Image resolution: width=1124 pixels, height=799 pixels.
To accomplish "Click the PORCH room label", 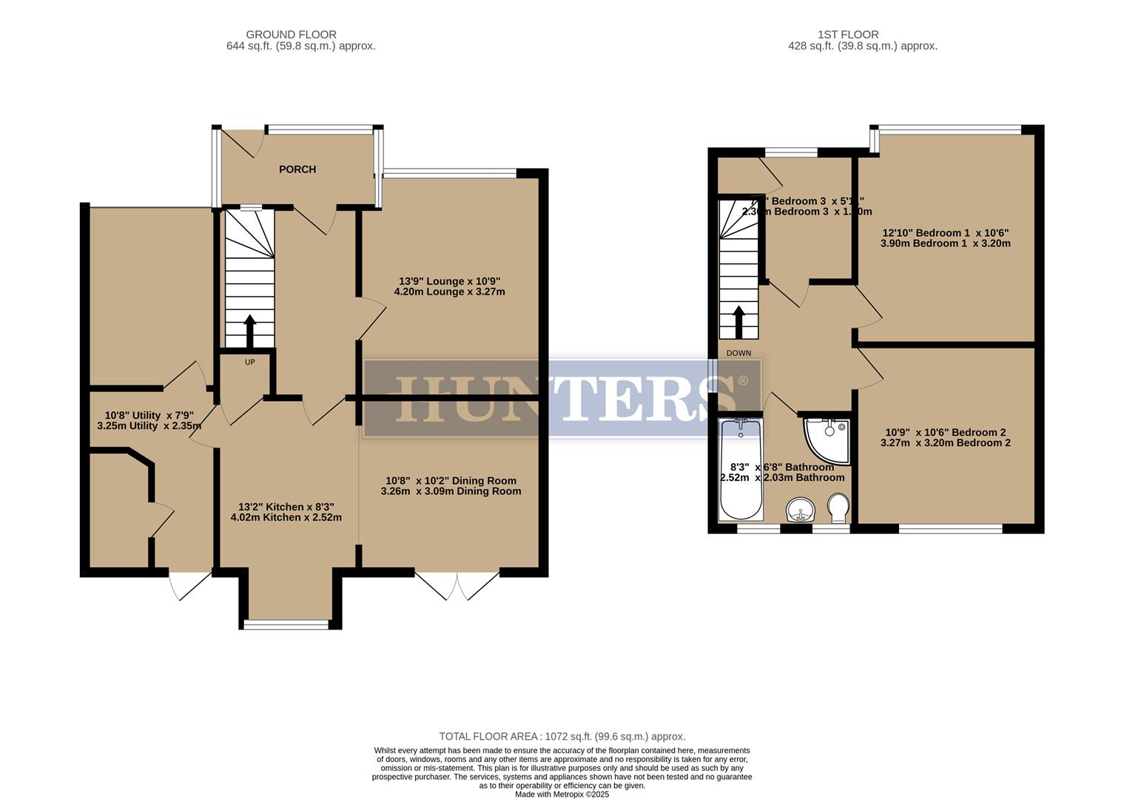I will (297, 169).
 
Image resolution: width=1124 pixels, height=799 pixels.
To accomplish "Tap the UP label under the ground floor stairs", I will (250, 363).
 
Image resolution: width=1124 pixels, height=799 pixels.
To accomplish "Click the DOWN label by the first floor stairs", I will (738, 353).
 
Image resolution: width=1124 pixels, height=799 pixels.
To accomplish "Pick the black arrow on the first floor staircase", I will (738, 321).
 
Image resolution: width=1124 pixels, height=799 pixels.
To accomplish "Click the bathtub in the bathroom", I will (740, 469).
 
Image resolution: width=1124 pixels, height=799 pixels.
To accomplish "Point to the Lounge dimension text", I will (450, 286).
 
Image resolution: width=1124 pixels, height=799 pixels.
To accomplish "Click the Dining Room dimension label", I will (451, 485).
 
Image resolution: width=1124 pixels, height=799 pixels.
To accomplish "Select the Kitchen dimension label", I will (286, 512).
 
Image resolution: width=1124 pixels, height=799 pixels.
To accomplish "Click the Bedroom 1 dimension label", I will (945, 237).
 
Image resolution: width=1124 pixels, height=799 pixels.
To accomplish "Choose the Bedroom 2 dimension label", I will (945, 437).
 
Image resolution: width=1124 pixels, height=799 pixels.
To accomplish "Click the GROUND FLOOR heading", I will (291, 34).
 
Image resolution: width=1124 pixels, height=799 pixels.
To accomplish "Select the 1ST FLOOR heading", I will (848, 34).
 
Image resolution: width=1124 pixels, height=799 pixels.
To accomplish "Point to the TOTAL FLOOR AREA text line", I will (562, 736).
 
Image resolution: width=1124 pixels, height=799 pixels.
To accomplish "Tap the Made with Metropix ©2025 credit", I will (562, 794).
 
